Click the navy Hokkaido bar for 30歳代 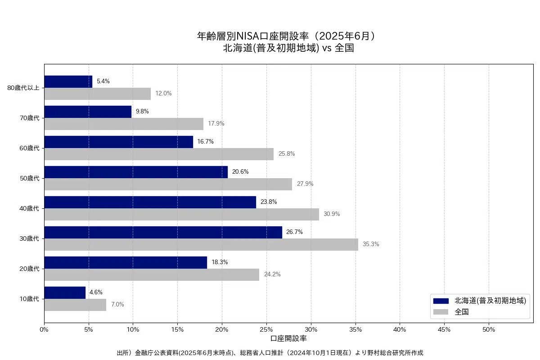click(163, 232)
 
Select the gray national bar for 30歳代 click(201, 244)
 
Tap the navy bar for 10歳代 click(65, 292)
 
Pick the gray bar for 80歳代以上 click(97, 94)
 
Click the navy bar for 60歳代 click(118, 142)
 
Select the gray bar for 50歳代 click(168, 184)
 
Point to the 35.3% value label click(371, 244)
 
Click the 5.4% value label click(103, 81)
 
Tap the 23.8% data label click(269, 202)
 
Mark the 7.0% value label click(117, 305)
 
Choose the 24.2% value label click(272, 274)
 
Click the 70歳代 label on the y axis click(30, 118)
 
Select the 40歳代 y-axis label click(30, 208)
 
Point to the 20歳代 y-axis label click(30, 269)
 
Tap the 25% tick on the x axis click(266, 329)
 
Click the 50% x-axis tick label click(489, 329)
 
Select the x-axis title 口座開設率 click(288, 338)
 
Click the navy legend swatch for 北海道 click(441, 301)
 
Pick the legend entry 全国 click(462, 312)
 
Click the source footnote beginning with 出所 click(270, 353)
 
